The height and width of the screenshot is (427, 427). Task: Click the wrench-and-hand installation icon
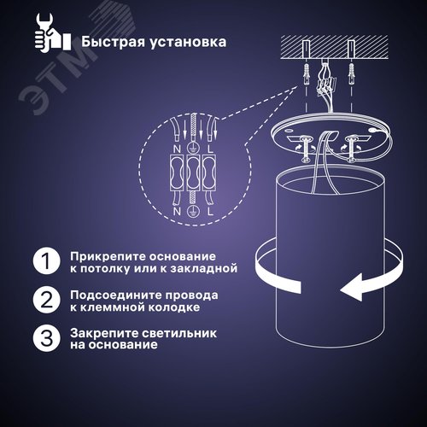coord(53,32)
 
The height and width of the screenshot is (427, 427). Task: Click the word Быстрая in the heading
coord(114,42)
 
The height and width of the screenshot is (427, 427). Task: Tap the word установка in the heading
coord(188,42)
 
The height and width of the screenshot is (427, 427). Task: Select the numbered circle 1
coord(47,260)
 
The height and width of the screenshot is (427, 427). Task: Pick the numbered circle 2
coord(47,300)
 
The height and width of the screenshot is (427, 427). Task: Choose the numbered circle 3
coord(47,338)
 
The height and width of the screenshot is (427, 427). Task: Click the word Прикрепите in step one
coord(108,256)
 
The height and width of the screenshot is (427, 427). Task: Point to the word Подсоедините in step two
coord(115,295)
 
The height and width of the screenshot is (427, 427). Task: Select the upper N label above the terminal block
coord(177,149)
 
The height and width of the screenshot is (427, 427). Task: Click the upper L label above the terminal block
coord(210,149)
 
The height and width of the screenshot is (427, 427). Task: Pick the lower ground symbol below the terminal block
coord(193,212)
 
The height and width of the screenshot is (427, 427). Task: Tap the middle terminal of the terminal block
coord(193,173)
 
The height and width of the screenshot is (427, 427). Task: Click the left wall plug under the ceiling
coord(307,74)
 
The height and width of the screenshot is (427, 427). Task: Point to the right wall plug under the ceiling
coord(351,74)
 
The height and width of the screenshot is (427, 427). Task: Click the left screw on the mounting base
coord(306,149)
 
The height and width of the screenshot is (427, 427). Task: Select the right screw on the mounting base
coord(350,149)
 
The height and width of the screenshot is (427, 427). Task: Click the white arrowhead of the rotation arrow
coord(351,288)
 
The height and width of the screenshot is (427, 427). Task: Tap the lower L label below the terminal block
coord(210,212)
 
